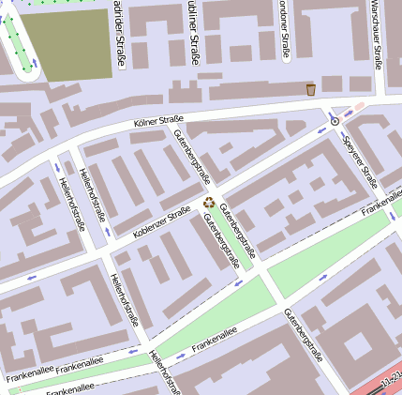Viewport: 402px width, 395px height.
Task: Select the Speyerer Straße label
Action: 360,161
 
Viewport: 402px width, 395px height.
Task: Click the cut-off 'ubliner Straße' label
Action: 194,33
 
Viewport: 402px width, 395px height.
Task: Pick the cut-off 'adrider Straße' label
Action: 119,35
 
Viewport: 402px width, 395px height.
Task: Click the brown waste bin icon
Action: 310,89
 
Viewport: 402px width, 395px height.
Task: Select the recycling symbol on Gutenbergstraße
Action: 209,199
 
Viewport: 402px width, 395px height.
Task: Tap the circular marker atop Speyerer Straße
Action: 335,120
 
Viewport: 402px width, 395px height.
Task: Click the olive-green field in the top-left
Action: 67,44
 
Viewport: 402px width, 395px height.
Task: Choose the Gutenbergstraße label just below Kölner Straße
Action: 192,157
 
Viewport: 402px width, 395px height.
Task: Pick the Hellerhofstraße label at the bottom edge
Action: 166,372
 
